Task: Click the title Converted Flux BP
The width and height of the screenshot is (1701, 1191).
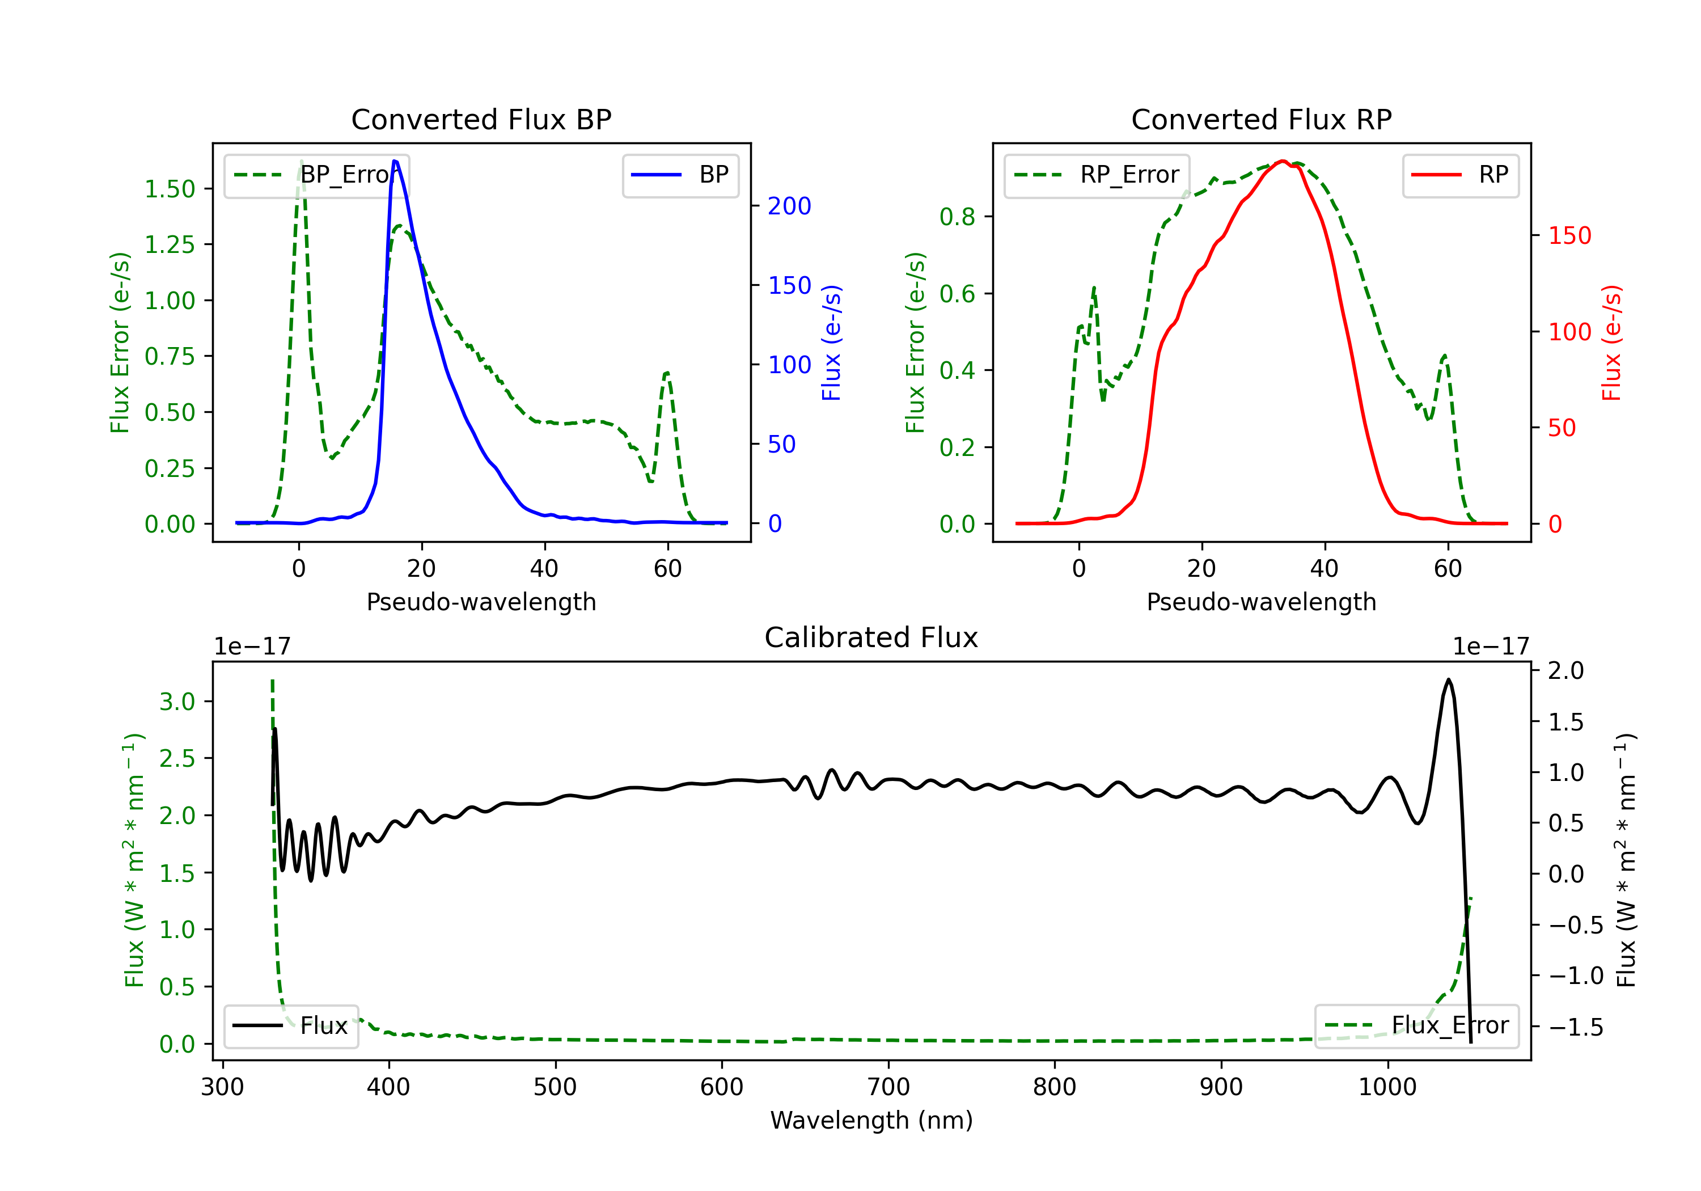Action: point(481,119)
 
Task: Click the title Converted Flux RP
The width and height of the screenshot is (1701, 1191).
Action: point(1261,119)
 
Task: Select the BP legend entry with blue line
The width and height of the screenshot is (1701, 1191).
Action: point(680,175)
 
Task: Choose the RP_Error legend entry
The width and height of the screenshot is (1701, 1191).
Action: point(1097,175)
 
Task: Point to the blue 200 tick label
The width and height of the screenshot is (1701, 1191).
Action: point(789,206)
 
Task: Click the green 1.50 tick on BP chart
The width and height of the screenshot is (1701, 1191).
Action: point(170,189)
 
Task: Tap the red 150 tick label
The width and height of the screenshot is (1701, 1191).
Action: point(1569,236)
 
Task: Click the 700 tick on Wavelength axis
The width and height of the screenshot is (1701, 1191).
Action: point(887,1087)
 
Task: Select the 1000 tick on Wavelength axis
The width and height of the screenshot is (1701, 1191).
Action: point(1387,1087)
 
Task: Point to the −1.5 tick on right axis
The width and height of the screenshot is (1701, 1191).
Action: point(1575,1027)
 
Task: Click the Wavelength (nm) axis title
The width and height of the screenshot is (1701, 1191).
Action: point(871,1120)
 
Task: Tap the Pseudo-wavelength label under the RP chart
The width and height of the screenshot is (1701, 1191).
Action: point(1261,602)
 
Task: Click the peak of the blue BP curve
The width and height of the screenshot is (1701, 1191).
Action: point(395,161)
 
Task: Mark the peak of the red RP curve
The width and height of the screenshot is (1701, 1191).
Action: point(1283,161)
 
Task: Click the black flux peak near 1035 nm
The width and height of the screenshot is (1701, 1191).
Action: point(1448,679)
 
